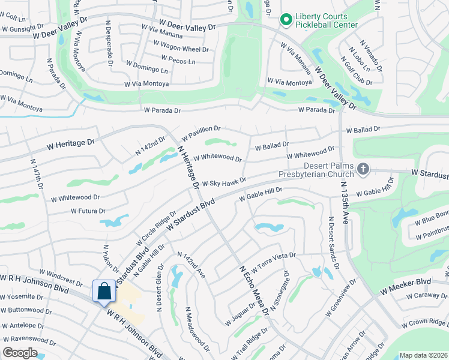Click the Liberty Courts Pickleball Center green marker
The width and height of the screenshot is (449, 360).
tap(286, 20)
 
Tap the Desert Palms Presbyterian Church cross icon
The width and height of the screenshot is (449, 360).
tap(363, 170)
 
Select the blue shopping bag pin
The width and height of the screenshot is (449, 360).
tap(104, 292)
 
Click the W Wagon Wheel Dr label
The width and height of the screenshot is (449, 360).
tap(184, 49)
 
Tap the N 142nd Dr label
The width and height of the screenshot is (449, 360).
tap(149, 146)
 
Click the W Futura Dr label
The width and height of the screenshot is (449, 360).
tap(88, 211)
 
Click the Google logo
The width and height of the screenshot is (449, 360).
tap(20, 353)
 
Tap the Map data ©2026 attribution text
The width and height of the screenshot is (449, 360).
tap(423, 355)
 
